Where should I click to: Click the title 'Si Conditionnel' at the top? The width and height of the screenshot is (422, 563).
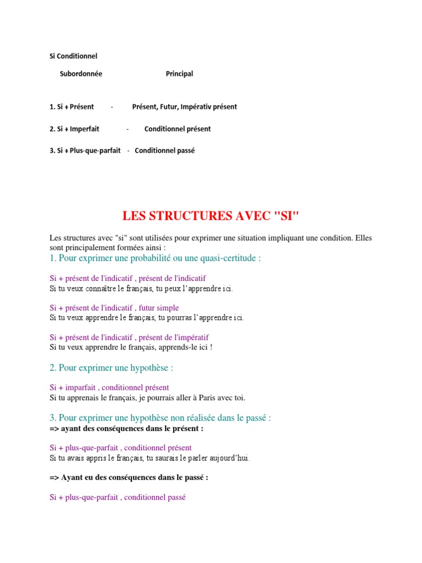[73, 56]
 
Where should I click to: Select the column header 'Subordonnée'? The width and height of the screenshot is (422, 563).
[81, 74]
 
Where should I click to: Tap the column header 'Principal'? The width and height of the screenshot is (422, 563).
[179, 74]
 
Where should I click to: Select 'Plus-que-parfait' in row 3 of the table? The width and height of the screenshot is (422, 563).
[95, 151]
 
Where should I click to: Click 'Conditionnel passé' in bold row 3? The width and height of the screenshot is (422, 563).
[164, 151]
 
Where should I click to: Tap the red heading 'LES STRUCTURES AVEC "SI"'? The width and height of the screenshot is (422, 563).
[210, 216]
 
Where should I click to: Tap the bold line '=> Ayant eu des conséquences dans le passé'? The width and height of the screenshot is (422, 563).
[129, 478]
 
